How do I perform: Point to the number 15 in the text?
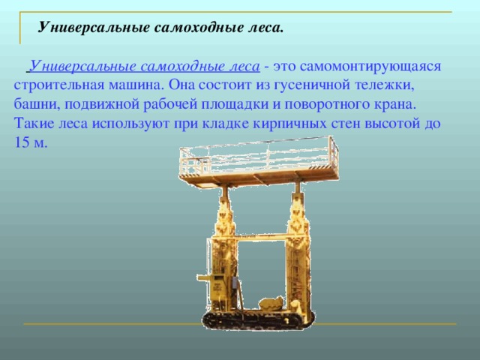point(21,140)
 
